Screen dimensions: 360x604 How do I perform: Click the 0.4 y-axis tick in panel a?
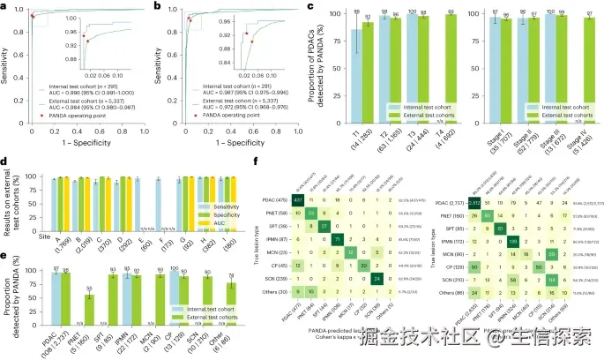click(19, 79)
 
